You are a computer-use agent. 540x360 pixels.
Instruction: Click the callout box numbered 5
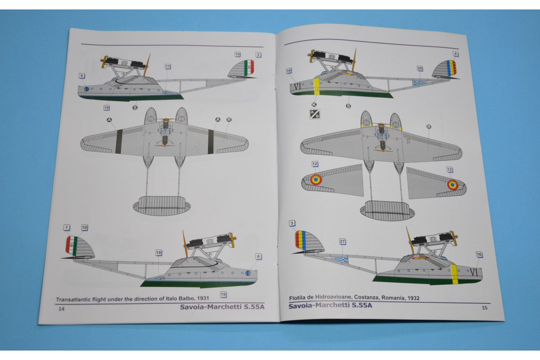[x=81, y=76]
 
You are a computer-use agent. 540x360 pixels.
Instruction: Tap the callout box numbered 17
[x=167, y=67]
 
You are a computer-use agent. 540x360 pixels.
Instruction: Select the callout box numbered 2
[x=258, y=54]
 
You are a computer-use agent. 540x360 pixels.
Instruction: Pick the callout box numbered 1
[x=67, y=228]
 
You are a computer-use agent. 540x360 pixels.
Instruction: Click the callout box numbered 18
[x=159, y=253]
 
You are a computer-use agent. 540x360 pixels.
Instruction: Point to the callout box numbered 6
[x=258, y=256]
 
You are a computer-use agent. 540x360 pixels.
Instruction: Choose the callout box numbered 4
[x=456, y=54]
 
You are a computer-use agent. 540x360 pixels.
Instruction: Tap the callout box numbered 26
[x=419, y=68]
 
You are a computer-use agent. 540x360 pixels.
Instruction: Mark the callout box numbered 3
[x=292, y=223]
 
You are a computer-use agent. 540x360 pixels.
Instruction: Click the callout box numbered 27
[x=342, y=242]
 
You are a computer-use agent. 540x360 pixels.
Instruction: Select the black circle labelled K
[x=314, y=104]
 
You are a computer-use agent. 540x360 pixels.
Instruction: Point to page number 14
[x=61, y=309]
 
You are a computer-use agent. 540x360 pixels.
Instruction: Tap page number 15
[x=484, y=308]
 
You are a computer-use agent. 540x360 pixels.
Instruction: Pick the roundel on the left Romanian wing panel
[x=316, y=180]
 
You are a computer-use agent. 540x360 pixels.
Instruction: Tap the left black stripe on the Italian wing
[x=119, y=142]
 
